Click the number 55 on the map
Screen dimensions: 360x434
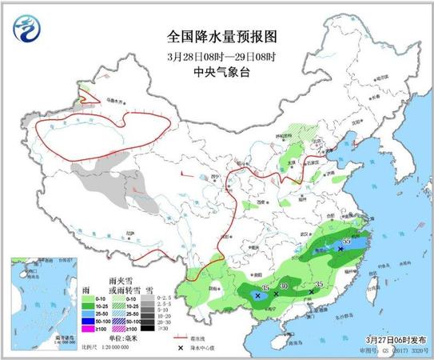(x=346, y=241)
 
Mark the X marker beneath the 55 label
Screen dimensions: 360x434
(x=340, y=250)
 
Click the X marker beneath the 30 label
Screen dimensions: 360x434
(x=276, y=294)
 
